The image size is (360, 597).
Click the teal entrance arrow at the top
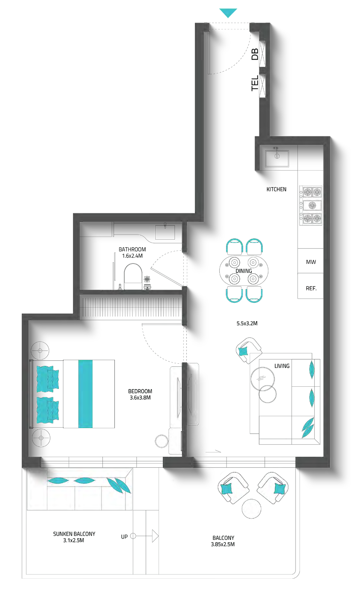point(228,12)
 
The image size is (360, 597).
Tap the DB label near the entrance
point(255,54)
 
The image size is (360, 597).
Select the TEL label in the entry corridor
point(255,83)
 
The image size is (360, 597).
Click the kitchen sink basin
point(277,159)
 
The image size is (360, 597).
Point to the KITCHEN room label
point(276,189)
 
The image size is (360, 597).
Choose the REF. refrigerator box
point(311,286)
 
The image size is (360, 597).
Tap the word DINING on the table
point(244,271)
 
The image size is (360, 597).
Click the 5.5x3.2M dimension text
point(247,323)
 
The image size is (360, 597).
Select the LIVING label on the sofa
point(282,366)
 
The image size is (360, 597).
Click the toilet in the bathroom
point(133,276)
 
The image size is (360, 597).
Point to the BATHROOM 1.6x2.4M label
point(132,252)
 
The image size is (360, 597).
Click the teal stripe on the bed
point(86,394)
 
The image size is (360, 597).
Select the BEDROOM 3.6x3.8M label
point(140,394)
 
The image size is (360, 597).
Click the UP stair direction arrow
point(145,536)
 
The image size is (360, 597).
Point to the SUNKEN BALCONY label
point(74,537)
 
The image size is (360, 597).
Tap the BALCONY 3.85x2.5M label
point(223,541)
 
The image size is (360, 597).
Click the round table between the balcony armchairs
point(251,508)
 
